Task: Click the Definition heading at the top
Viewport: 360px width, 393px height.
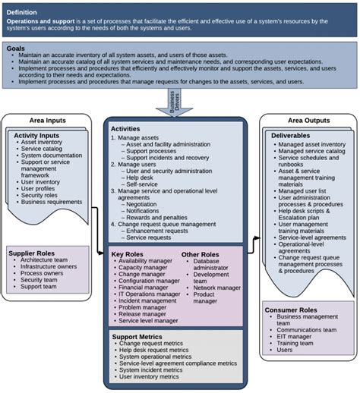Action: (x=22, y=12)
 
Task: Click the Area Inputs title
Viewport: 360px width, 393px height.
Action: (x=45, y=121)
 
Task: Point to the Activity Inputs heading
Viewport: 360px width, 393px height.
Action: (x=37, y=135)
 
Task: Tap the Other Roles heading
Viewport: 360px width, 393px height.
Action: (x=201, y=254)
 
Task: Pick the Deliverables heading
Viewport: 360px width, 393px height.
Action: (x=292, y=135)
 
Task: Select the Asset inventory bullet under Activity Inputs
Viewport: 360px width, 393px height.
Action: (x=42, y=143)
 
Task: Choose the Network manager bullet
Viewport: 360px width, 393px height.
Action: (x=216, y=288)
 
